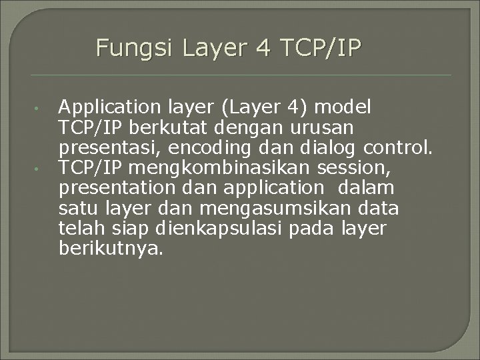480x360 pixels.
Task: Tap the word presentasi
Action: click(x=111, y=147)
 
